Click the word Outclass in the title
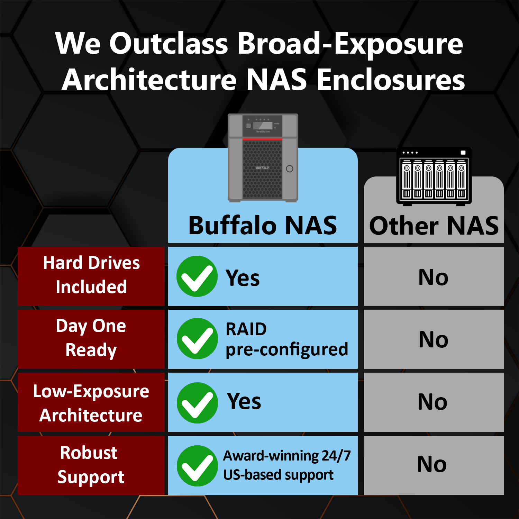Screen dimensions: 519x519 pyautogui.click(x=169, y=44)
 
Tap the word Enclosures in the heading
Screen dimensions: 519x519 pyautogui.click(x=391, y=80)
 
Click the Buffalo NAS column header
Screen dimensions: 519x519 pyautogui.click(x=263, y=226)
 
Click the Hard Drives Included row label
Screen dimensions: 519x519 pyautogui.click(x=91, y=275)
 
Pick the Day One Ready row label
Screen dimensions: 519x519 pyautogui.click(x=91, y=338)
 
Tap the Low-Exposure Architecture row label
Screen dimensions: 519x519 pyautogui.click(x=91, y=403)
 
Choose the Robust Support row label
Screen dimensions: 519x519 pyautogui.click(x=91, y=465)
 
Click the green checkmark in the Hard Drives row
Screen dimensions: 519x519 pyautogui.click(x=197, y=276)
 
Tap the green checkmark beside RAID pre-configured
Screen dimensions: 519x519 pyautogui.click(x=197, y=339)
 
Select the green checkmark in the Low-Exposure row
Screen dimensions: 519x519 pyautogui.click(x=197, y=403)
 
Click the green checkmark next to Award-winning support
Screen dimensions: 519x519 pyautogui.click(x=197, y=466)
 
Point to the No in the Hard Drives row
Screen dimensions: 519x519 pyautogui.click(x=433, y=277)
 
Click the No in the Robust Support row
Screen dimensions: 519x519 pyautogui.click(x=432, y=464)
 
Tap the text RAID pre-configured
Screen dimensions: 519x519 pyautogui.click(x=286, y=339)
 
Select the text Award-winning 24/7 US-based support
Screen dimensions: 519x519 pyautogui.click(x=286, y=465)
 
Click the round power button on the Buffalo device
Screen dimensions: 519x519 pyautogui.click(x=290, y=169)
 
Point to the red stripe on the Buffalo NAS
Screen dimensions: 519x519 pyautogui.click(x=262, y=139)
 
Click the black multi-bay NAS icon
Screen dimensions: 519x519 pyautogui.click(x=434, y=176)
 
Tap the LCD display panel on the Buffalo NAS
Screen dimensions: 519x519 pyautogui.click(x=263, y=125)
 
